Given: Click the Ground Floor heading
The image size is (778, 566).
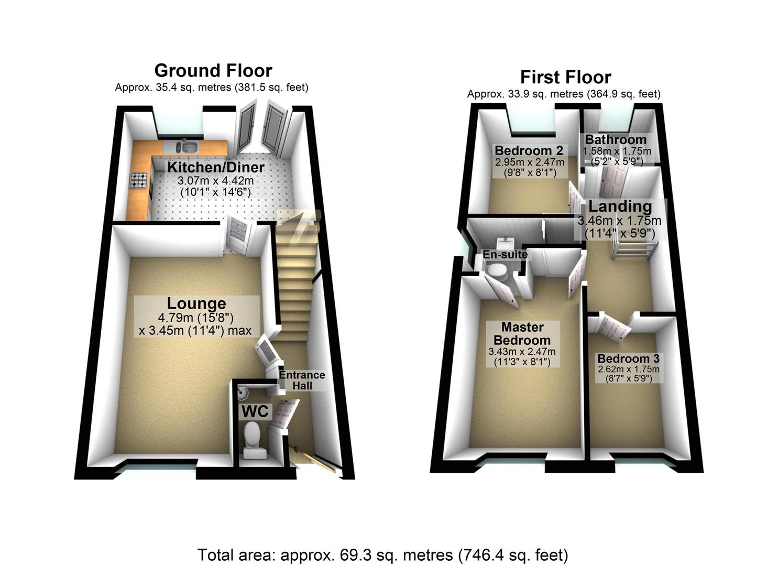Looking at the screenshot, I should pyautogui.click(x=213, y=70).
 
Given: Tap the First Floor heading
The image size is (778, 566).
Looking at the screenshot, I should pyautogui.click(x=565, y=77).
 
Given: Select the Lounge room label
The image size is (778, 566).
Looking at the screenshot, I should pyautogui.click(x=196, y=303).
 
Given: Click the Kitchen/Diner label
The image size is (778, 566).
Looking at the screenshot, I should pyautogui.click(x=215, y=167).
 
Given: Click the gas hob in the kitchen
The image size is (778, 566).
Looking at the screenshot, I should pyautogui.click(x=139, y=181).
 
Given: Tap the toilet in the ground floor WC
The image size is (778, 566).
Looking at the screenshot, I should pyautogui.click(x=253, y=438).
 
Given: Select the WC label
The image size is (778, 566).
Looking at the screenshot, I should pyautogui.click(x=255, y=411).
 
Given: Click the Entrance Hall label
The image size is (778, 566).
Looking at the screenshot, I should pyautogui.click(x=302, y=380).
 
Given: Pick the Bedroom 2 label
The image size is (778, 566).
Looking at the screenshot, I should pyautogui.click(x=530, y=151).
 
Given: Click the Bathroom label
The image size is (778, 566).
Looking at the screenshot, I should pyautogui.click(x=616, y=140).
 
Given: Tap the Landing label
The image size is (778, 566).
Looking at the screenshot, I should pyautogui.click(x=620, y=206).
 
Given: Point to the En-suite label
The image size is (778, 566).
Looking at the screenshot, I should pyautogui.click(x=505, y=255).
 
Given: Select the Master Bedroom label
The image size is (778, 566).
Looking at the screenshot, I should pyautogui.click(x=522, y=333).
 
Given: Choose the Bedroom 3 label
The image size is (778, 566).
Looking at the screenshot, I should pyautogui.click(x=628, y=359).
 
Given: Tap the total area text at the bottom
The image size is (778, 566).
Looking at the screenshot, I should pyautogui.click(x=382, y=554).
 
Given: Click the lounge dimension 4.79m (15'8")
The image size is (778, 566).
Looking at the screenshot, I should pyautogui.click(x=195, y=318).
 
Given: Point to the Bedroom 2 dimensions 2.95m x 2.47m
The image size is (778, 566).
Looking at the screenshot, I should pyautogui.click(x=530, y=163).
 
